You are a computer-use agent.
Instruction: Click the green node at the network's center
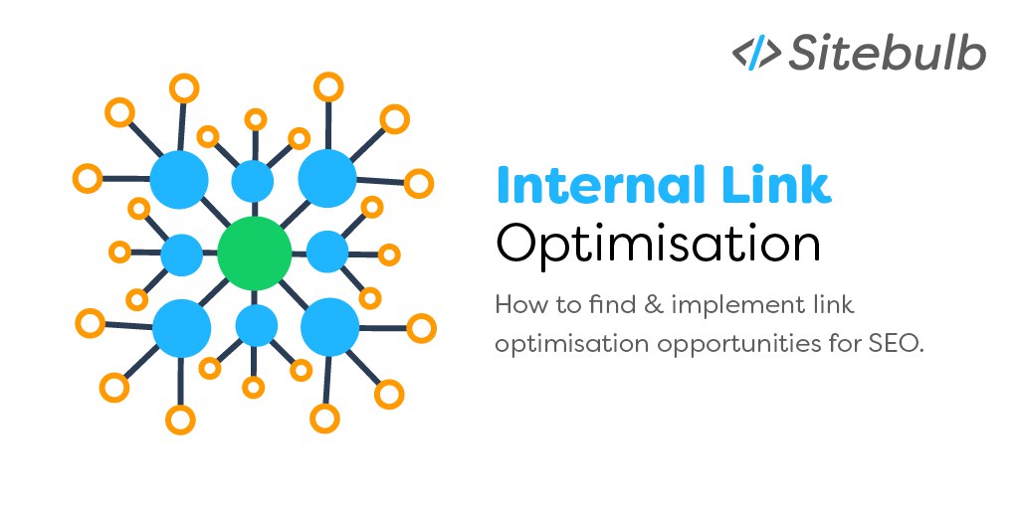click(x=254, y=254)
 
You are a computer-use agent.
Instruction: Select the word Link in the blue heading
click(x=770, y=184)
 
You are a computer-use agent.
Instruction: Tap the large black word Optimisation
click(x=658, y=247)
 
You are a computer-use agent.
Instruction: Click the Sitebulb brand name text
click(x=888, y=53)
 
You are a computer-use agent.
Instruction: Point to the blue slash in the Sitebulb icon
click(x=757, y=54)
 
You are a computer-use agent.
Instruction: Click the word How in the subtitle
click(x=517, y=305)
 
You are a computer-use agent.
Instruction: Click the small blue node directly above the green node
click(x=253, y=181)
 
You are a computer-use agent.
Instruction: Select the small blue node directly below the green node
click(x=257, y=325)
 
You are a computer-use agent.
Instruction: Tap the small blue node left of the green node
click(x=182, y=254)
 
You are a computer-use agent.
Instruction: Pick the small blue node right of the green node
click(x=326, y=252)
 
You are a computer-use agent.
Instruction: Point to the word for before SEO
click(x=847, y=344)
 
